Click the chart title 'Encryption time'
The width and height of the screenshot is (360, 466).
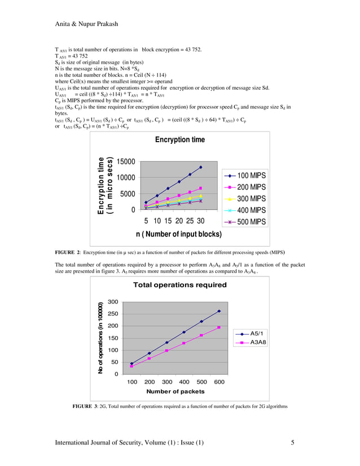180,139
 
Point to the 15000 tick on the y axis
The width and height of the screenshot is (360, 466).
126,161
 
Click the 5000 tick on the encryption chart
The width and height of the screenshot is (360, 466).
128,194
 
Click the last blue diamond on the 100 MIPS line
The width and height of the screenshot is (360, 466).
201,167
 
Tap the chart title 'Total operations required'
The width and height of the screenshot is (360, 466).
179,285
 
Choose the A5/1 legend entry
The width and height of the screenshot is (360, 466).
258,333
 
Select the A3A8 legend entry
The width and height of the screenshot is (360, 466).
258,342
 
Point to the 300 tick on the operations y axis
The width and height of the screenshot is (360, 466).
113,302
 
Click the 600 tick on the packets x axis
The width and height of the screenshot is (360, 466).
219,383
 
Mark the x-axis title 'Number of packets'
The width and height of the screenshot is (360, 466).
175,391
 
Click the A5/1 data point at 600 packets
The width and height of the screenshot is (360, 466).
219,311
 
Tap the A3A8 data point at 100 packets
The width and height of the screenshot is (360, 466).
132,366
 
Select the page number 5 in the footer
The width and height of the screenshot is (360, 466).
292,443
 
